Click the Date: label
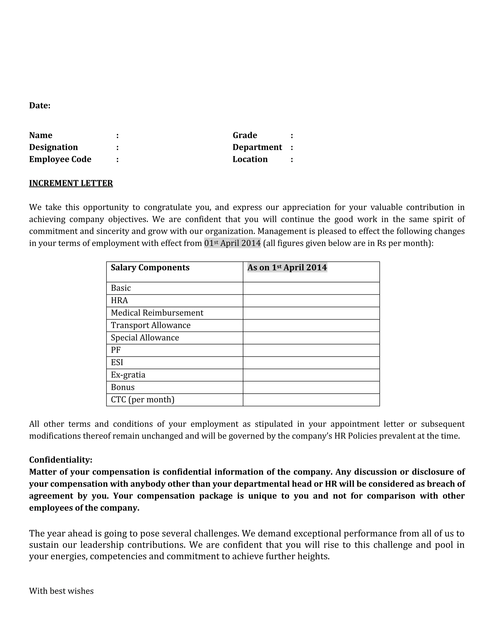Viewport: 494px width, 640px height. tap(40, 106)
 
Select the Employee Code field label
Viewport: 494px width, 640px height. tap(60, 159)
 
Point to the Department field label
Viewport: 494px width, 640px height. tap(257, 147)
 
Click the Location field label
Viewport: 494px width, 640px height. tap(250, 159)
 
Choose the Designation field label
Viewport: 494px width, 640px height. tap(53, 147)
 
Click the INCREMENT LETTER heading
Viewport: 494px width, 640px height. tap(71, 183)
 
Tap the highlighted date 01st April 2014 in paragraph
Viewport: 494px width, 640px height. tap(232, 243)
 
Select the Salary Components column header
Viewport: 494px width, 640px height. tap(150, 268)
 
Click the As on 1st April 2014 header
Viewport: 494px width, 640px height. tap(287, 268)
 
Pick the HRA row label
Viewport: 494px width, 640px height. tap(119, 300)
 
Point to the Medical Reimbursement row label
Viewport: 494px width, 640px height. tap(157, 313)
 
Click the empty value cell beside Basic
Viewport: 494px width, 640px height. tap(311, 288)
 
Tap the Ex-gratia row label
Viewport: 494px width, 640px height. tap(128, 375)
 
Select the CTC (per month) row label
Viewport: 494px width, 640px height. tap(143, 400)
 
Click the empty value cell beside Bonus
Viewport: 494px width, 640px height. tap(311, 387)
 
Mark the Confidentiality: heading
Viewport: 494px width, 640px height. tap(61, 460)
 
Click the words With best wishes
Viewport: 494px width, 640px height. tap(61, 591)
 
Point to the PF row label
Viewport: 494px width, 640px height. tap(116, 350)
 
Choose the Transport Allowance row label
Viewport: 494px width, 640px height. tap(151, 325)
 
